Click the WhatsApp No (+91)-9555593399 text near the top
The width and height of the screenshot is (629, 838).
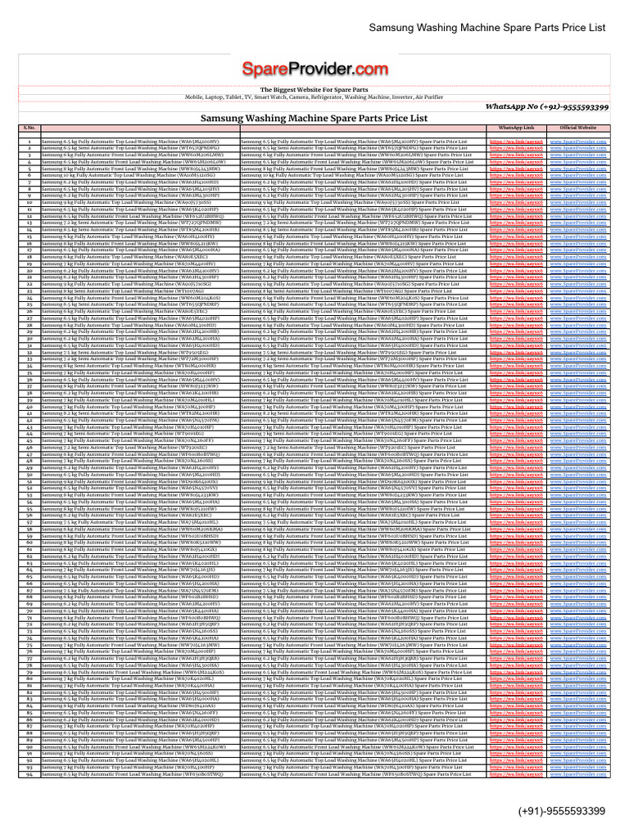click(558, 107)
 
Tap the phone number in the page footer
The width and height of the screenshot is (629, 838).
click(561, 811)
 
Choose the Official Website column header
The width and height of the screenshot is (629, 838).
click(578, 128)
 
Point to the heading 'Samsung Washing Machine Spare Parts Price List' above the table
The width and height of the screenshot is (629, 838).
click(314, 118)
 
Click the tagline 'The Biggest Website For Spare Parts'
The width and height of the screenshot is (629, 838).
click(314, 89)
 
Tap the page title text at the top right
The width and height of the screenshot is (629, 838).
click(487, 27)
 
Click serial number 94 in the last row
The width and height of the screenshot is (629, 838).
click(29, 773)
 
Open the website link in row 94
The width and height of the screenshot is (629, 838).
click(578, 773)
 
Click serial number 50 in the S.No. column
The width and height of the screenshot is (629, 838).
click(29, 475)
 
